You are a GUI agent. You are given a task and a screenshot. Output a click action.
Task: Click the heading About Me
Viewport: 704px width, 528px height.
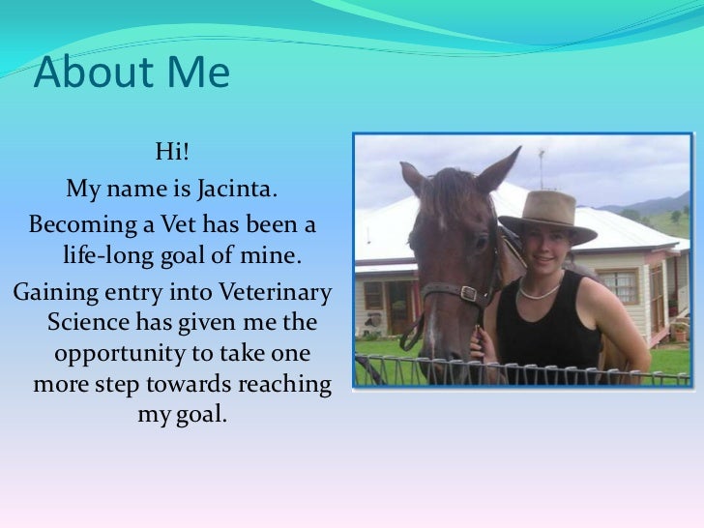coord(132,74)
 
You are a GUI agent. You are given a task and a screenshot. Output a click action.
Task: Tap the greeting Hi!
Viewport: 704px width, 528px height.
coord(172,151)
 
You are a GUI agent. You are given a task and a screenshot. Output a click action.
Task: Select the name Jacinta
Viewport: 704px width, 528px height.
coord(238,186)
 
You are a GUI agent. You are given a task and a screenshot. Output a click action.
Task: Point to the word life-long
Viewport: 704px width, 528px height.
coord(108,257)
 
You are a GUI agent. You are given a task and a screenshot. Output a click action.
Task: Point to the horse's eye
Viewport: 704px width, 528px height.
coord(481,242)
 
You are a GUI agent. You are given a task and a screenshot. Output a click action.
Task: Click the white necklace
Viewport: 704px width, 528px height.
coord(542,290)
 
